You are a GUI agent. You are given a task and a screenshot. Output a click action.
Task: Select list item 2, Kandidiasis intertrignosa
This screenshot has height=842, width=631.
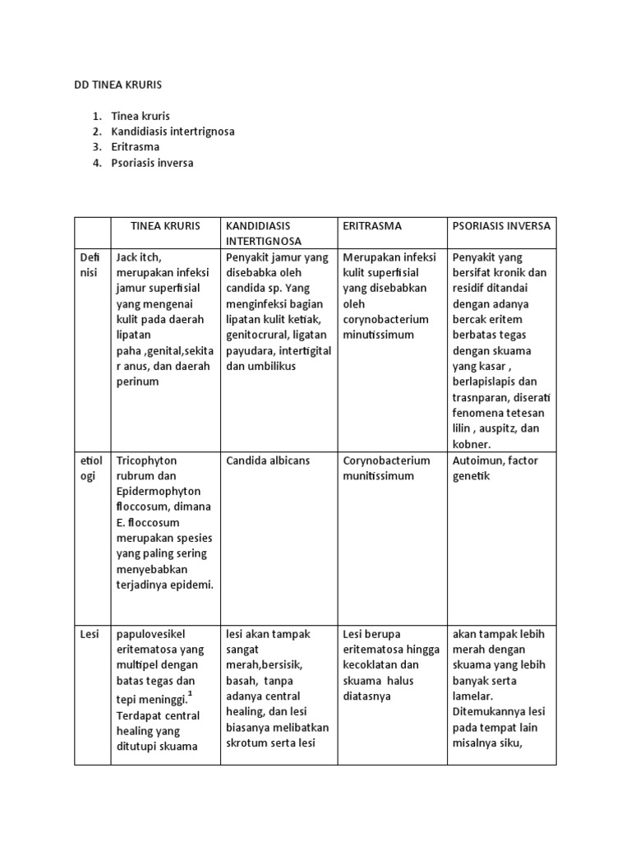point(173,132)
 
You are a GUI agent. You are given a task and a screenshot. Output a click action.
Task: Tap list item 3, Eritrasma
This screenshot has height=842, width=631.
point(136,147)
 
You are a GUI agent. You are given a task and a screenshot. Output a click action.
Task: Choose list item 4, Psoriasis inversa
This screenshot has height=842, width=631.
point(152,163)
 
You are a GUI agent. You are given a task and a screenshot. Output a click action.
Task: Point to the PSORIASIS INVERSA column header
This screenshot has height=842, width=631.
point(501,225)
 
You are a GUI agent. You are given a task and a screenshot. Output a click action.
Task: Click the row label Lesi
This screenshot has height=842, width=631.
point(90,634)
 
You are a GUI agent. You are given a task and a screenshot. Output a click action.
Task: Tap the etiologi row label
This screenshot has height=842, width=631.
point(92,468)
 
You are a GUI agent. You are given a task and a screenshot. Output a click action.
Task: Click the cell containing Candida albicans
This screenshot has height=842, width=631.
point(268,460)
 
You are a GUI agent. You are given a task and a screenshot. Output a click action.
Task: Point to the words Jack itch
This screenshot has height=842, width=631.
point(139,257)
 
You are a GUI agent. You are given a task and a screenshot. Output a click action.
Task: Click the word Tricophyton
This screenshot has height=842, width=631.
point(146,460)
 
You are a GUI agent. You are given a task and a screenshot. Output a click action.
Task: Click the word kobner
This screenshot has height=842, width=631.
point(471,444)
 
